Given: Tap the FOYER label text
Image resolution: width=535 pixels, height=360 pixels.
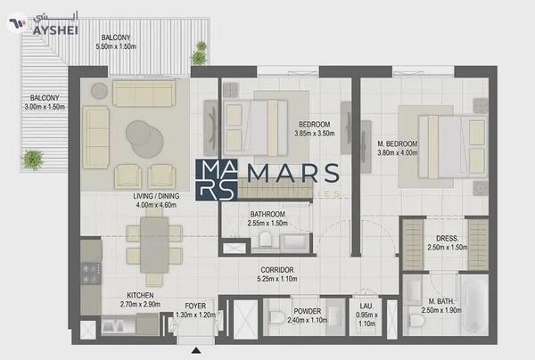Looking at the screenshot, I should tap(195, 306).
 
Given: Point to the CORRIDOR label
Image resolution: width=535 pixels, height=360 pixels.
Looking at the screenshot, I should tap(277, 269).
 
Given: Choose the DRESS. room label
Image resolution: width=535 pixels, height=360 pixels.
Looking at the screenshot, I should tap(447, 238).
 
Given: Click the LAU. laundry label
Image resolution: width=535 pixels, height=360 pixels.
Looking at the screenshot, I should tap(365, 306).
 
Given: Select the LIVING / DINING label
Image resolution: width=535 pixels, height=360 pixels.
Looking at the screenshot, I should tap(161, 196).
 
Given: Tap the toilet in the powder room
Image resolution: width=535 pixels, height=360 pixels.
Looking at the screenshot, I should tap(277, 316).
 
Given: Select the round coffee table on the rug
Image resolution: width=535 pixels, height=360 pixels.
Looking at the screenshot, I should tap(144, 135).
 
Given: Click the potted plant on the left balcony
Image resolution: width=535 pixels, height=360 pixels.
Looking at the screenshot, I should tap(34, 160).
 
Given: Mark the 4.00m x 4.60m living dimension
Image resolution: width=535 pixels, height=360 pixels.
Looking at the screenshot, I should tap(161, 205).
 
